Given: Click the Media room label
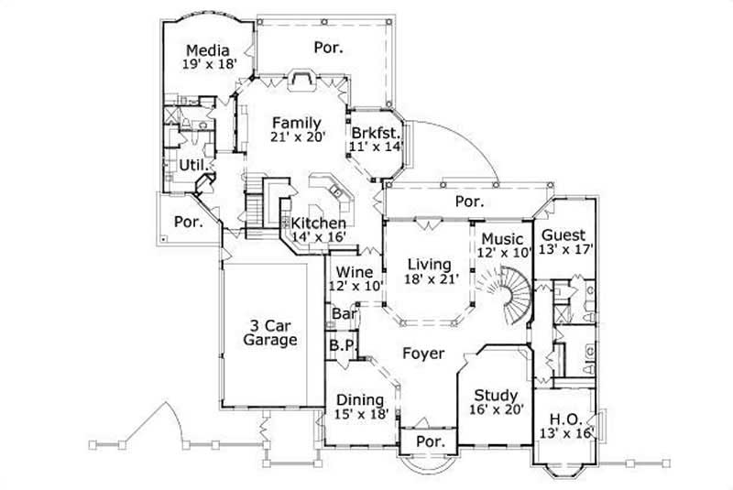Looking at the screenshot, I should (206, 49).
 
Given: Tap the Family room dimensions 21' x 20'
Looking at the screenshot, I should (295, 137).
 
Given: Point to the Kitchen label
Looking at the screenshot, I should (319, 223).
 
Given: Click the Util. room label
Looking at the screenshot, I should (191, 165).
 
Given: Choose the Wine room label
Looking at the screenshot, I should (353, 272).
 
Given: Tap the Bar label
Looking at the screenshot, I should (344, 314).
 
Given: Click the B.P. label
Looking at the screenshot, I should (342, 345).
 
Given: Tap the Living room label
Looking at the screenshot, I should (429, 265).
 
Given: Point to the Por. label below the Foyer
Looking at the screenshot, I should (430, 441).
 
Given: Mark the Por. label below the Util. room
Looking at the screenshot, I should (188, 222).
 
